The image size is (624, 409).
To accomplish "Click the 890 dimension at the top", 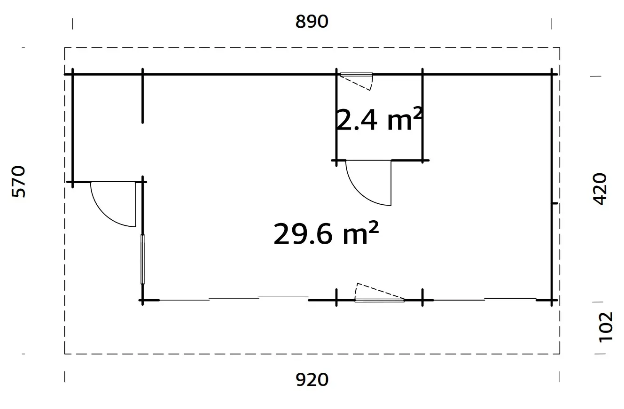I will tap(312, 22).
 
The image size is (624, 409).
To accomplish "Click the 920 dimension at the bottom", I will tap(312, 379).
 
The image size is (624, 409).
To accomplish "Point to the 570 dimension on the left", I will tap(19, 181).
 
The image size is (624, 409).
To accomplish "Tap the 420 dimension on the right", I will tap(601, 189).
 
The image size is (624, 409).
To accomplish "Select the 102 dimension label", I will tap(606, 327).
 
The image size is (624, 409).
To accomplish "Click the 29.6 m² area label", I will tap(326, 233).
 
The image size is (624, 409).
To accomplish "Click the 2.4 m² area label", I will tap(379, 120).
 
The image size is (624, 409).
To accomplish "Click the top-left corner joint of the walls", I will tap(73, 74).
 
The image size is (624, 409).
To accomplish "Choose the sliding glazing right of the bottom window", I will tap(484, 299).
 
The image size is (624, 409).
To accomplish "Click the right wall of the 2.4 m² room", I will tap(423, 117).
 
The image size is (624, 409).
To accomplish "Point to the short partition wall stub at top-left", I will tap(142, 96).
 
